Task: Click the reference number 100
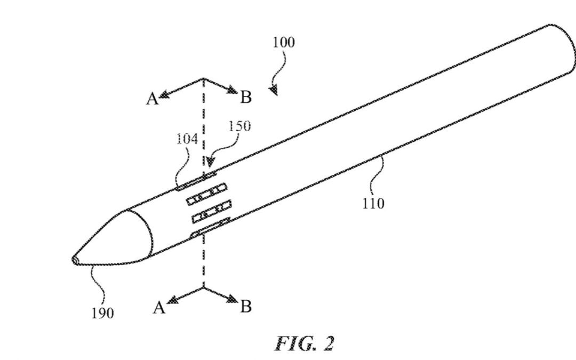283,43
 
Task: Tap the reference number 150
239,126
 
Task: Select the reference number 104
187,139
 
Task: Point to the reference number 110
373,203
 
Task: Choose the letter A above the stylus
153,99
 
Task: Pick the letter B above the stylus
246,97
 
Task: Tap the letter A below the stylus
158,308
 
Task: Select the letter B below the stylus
246,307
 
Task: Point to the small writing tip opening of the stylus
75,260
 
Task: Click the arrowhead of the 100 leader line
274,91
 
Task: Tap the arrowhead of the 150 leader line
212,161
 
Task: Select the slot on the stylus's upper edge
196,180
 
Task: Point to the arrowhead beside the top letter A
163,95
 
